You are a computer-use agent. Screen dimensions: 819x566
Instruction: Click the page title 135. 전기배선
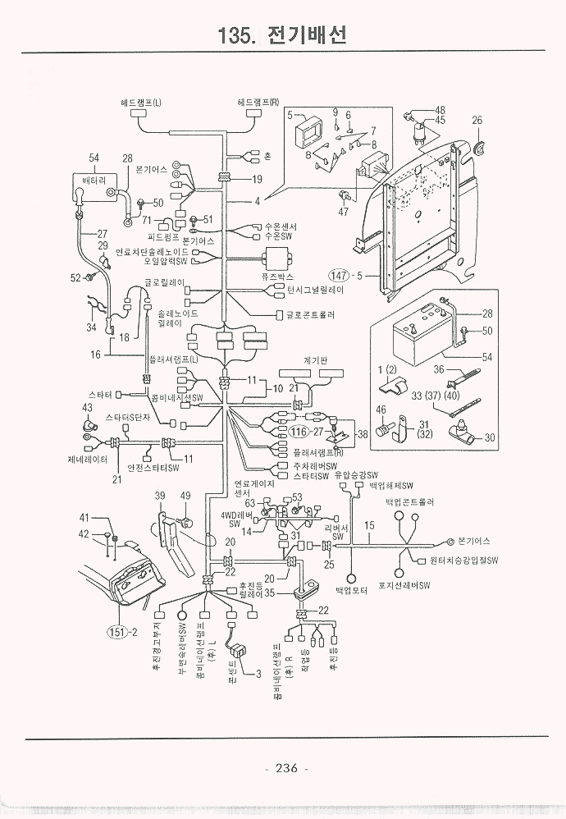[x=282, y=35]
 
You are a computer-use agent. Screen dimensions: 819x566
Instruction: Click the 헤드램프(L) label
[x=141, y=103]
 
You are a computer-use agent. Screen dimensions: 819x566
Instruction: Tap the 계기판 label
[x=316, y=359]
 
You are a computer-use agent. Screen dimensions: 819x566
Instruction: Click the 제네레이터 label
[x=88, y=459]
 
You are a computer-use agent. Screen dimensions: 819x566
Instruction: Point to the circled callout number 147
[x=340, y=275]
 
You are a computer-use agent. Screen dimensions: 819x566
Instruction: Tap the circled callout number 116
[x=299, y=431]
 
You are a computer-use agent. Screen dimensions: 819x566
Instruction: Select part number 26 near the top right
[x=477, y=121]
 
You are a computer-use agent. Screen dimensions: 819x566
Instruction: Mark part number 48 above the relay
[x=440, y=110]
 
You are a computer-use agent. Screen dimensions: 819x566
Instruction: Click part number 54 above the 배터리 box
[x=94, y=158]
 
